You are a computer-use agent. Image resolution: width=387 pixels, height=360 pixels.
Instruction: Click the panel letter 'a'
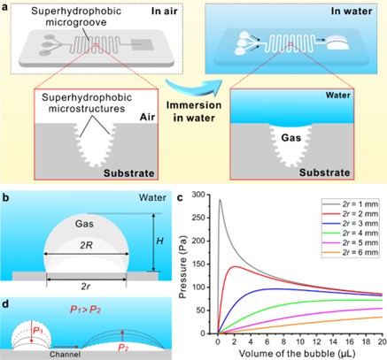4,7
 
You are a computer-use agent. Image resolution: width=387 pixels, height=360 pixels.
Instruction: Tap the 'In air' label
165,11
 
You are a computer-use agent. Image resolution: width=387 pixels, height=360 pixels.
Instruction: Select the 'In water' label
352,11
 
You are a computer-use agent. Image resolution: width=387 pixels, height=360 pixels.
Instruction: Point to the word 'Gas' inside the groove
291,138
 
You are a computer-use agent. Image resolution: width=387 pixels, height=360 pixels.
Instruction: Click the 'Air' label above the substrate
148,117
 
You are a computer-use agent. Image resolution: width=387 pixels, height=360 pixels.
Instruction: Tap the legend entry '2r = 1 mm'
360,203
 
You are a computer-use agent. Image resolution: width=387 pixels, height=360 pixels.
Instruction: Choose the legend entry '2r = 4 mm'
360,233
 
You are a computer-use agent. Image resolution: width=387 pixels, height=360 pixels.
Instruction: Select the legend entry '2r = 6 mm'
360,252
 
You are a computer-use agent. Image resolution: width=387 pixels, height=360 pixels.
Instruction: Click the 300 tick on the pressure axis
199,195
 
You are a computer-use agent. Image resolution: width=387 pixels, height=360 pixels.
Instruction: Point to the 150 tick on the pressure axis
199,264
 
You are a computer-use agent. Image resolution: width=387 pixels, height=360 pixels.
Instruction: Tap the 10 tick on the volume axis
300,341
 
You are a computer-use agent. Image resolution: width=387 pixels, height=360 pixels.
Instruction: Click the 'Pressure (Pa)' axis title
183,264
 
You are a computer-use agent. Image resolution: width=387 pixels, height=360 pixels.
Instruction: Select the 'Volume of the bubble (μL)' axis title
297,354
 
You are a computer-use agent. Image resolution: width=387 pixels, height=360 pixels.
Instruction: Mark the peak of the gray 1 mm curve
220,200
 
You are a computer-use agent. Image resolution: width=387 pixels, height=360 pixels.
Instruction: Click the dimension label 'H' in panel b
159,241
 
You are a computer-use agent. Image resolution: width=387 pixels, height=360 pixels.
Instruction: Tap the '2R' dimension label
86,245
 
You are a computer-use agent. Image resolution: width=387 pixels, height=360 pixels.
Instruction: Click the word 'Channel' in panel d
65,354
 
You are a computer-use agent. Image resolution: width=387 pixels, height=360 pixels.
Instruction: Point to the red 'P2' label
123,348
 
